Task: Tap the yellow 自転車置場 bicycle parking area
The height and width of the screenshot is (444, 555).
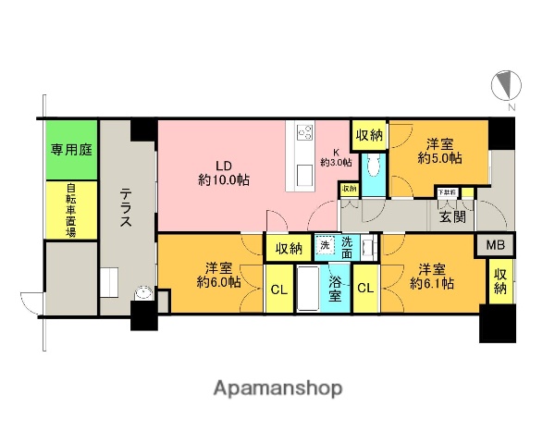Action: (x=70, y=210)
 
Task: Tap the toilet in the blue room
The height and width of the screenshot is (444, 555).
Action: (x=371, y=167)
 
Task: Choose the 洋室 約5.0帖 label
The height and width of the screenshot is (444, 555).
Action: (x=441, y=151)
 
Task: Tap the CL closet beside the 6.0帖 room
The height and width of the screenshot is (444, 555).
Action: (x=277, y=288)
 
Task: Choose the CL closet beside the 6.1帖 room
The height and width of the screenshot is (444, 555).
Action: (x=364, y=288)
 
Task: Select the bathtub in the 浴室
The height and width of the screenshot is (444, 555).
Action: (x=307, y=290)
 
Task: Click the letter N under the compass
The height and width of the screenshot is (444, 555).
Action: (x=511, y=108)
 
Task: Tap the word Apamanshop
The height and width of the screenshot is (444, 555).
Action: (x=277, y=386)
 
